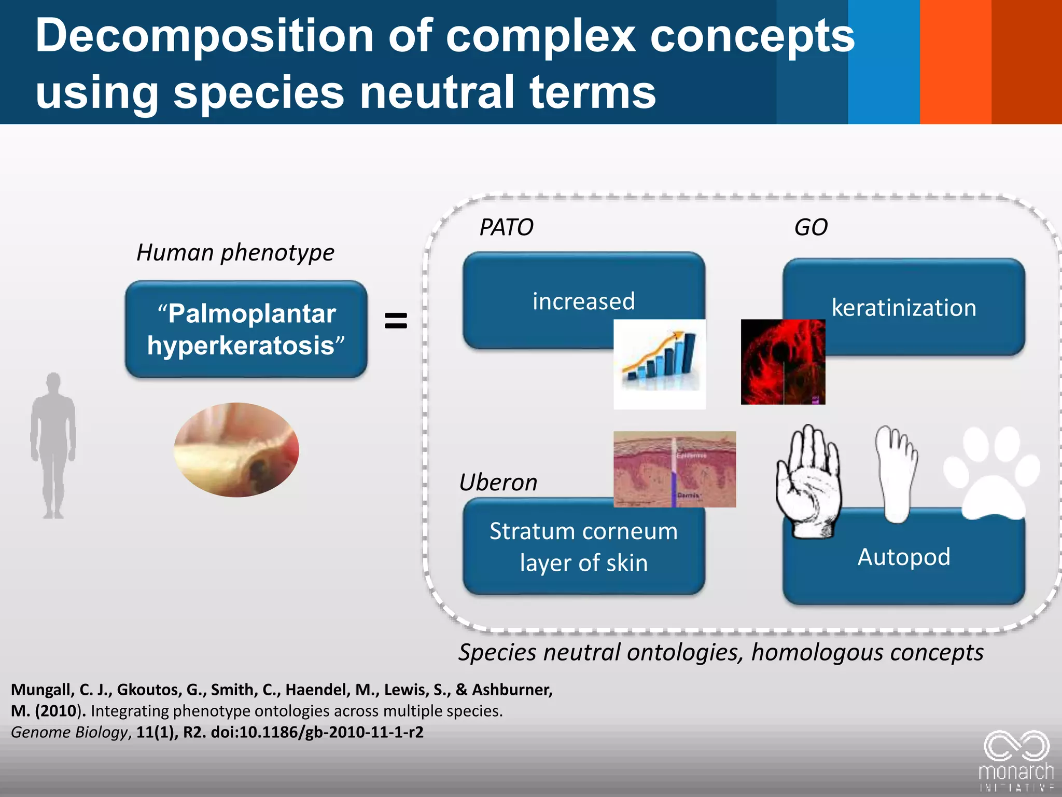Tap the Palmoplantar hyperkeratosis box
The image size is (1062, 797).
pyautogui.click(x=246, y=329)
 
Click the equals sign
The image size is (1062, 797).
pyautogui.click(x=396, y=321)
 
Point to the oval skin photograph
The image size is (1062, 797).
pyautogui.click(x=236, y=449)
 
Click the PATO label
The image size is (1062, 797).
pyautogui.click(x=506, y=227)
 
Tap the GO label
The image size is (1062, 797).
pyautogui.click(x=811, y=227)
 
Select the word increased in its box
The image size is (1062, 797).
pyautogui.click(x=583, y=301)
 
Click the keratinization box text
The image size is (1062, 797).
pyautogui.click(x=904, y=308)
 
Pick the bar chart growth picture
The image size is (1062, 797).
pyautogui.click(x=659, y=364)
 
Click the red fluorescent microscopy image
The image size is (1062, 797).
pyautogui.click(x=782, y=362)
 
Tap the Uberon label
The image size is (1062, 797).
pyautogui.click(x=498, y=483)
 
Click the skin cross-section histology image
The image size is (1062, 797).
pyautogui.click(x=674, y=469)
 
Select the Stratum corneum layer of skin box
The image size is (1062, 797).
pyautogui.click(x=583, y=547)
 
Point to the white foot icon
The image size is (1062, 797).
pyautogui.click(x=896, y=472)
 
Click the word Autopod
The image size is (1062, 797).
pyautogui.click(x=904, y=557)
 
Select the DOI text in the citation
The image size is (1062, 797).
pyautogui.click(x=317, y=732)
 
